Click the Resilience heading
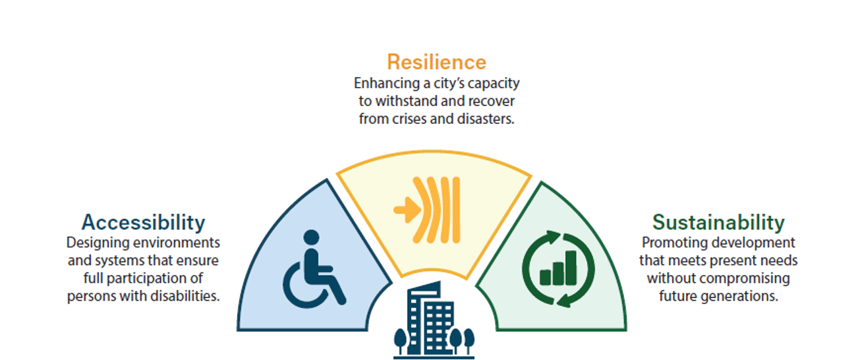[436, 62]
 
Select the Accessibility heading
[143, 222]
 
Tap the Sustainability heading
[718, 222]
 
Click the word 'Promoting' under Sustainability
[672, 243]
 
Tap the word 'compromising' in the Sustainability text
[751, 278]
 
